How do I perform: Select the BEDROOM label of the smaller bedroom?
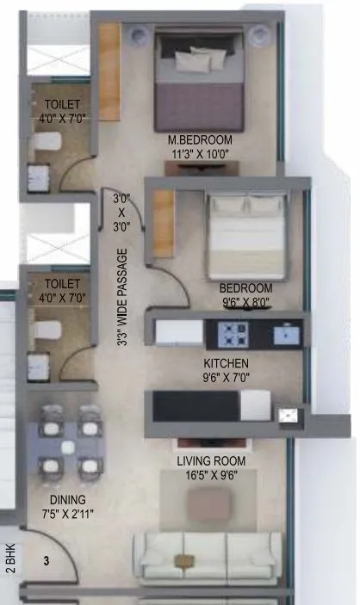click(x=245, y=287)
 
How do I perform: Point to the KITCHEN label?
click(x=227, y=363)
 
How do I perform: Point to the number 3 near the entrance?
click(x=46, y=559)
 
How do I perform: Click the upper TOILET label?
click(x=61, y=104)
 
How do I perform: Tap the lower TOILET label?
click(x=61, y=283)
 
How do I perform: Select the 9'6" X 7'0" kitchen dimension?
click(x=227, y=377)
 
